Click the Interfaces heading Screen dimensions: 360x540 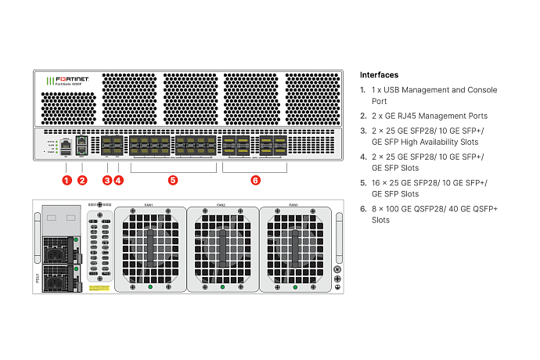pyautogui.click(x=379, y=75)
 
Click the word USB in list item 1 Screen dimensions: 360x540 pyautogui.click(x=390, y=90)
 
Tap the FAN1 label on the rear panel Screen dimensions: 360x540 pyautogui.click(x=149, y=205)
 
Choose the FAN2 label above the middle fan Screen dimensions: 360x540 pyautogui.click(x=221, y=205)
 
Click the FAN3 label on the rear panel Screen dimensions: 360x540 pyautogui.click(x=293, y=205)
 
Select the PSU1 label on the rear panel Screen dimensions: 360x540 pyautogui.click(x=37, y=276)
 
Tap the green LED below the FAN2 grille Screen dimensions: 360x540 pyautogui.click(x=221, y=288)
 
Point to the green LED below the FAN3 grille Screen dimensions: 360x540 pyautogui.click(x=293, y=288)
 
